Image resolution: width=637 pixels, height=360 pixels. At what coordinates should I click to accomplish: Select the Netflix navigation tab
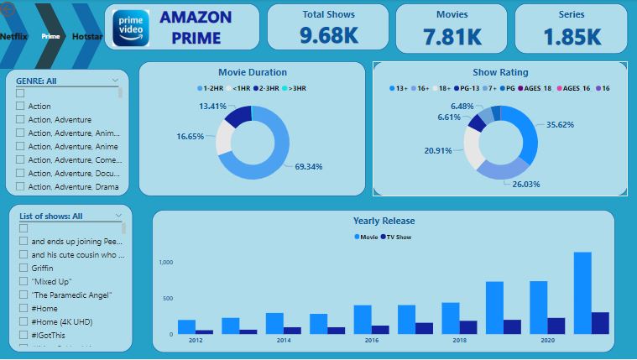coord(14,36)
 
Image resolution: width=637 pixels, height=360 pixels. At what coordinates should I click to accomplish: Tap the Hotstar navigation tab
coord(86,36)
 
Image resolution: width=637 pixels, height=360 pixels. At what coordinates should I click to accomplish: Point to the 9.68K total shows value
coord(328,36)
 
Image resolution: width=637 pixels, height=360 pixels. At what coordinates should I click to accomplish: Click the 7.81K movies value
coord(452,36)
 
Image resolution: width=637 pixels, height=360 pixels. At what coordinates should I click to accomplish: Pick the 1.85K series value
coord(572,36)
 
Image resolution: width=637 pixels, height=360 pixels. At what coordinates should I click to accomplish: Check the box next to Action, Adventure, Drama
coord(21,186)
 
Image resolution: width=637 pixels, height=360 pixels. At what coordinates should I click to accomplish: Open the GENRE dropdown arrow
coord(116,81)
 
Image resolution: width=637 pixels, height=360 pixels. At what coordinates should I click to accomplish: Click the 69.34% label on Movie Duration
coord(308,167)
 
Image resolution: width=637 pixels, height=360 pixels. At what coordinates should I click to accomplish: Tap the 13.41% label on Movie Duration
coord(212,107)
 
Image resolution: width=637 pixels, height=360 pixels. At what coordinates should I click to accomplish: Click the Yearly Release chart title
coord(384,221)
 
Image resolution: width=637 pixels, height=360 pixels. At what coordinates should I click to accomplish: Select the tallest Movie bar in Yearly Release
coord(582,293)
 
